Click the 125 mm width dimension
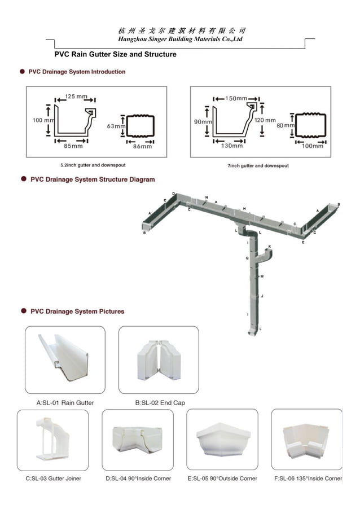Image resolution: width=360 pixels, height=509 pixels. (x=77, y=96)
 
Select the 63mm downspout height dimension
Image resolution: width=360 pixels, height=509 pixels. (x=116, y=126)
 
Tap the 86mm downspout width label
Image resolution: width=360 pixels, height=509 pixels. (x=142, y=146)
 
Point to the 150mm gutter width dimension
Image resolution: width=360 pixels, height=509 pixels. (x=236, y=98)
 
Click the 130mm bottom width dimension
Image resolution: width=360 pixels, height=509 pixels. (x=231, y=146)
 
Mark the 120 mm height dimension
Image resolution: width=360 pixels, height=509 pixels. (x=265, y=120)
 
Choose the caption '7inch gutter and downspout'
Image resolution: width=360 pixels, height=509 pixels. (x=257, y=166)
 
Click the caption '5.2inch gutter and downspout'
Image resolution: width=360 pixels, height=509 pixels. (x=93, y=165)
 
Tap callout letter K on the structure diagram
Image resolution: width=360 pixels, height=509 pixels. (x=270, y=247)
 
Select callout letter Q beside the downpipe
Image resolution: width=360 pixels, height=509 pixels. (x=247, y=257)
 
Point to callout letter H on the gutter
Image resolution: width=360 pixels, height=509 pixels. (x=244, y=209)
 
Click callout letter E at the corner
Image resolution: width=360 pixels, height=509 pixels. (x=303, y=242)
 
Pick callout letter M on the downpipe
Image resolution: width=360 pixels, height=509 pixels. (x=262, y=277)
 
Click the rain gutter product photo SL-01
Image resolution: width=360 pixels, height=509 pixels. (x=65, y=359)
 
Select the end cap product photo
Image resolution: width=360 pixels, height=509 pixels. (x=158, y=359)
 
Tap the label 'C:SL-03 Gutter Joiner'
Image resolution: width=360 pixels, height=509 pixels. (x=54, y=479)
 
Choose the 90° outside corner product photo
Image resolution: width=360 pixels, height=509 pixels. (x=222, y=440)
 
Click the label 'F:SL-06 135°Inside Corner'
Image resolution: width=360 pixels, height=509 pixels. (x=307, y=479)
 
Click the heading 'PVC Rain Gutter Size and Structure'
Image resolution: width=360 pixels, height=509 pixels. (x=115, y=55)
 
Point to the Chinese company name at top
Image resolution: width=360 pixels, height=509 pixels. (x=182, y=30)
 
